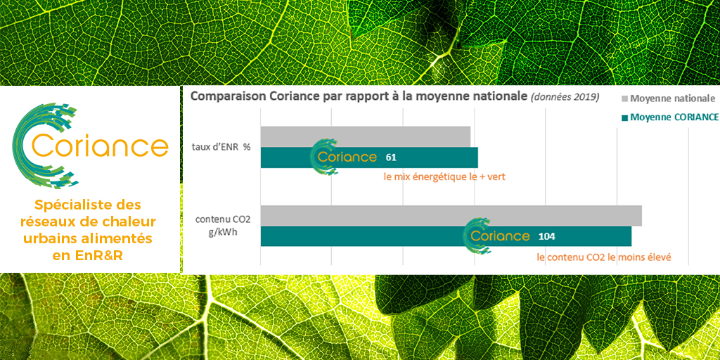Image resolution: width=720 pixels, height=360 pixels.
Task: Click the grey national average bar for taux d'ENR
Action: pyautogui.click(x=365, y=136)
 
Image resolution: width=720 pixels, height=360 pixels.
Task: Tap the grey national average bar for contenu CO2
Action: pyautogui.click(x=451, y=215)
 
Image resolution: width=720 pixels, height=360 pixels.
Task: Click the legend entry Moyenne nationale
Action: pyautogui.click(x=671, y=98)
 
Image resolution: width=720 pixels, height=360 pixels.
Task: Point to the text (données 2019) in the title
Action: pyautogui.click(x=565, y=96)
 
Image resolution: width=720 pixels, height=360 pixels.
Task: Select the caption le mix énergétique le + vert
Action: pyautogui.click(x=444, y=177)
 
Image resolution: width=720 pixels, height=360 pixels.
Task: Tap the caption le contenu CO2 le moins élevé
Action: pyautogui.click(x=603, y=257)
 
